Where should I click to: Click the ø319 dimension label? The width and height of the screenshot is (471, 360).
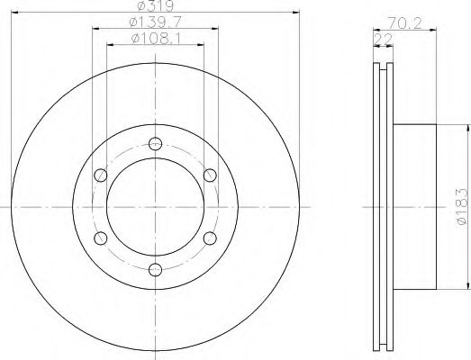point(155,5)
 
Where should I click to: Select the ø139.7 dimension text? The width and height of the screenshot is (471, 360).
point(155,22)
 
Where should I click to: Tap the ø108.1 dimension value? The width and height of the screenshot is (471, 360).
point(156,39)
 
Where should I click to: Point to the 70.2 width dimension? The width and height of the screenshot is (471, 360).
point(404,23)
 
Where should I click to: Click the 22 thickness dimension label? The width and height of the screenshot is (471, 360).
point(383,40)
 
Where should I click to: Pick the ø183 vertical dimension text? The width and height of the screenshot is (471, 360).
point(461,207)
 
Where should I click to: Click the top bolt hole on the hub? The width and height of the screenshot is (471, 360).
point(155,143)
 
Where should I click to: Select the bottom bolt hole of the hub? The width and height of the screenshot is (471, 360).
point(155,270)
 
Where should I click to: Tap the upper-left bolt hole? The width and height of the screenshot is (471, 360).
point(101,175)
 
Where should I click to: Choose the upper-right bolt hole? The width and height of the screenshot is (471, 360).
point(210,175)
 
